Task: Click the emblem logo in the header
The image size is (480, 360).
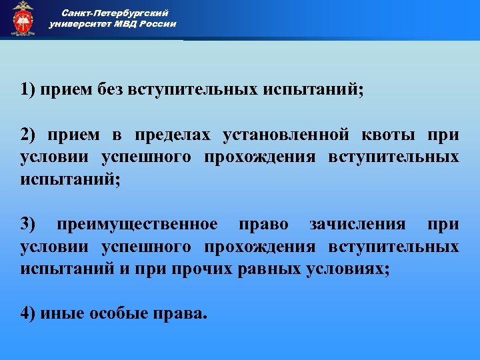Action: coord(22,18)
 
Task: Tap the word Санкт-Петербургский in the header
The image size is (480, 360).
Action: coord(115,12)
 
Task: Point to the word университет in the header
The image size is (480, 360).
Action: coord(79,24)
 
